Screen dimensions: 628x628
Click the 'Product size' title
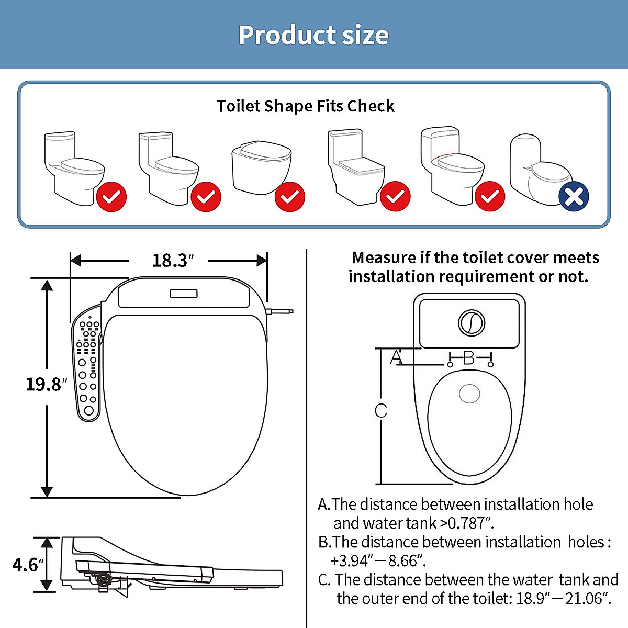[313, 35]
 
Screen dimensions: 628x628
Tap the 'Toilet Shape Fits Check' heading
[305, 106]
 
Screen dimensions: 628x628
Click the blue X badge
[574, 197]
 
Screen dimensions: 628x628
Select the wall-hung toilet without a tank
[261, 166]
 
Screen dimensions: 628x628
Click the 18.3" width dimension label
[172, 261]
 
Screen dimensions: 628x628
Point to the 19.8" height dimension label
[46, 385]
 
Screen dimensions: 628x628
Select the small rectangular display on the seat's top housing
[184, 294]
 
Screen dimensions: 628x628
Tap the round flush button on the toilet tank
[471, 322]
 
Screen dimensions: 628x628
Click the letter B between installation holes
[469, 358]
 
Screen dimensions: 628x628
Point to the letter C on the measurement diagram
[381, 411]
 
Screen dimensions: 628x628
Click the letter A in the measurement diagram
[397, 357]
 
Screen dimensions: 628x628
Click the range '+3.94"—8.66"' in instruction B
[378, 560]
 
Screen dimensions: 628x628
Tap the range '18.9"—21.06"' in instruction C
[563, 598]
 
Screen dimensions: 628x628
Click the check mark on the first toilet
[111, 197]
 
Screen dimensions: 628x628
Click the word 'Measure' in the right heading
[384, 257]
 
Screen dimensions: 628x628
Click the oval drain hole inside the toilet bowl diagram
[469, 394]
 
